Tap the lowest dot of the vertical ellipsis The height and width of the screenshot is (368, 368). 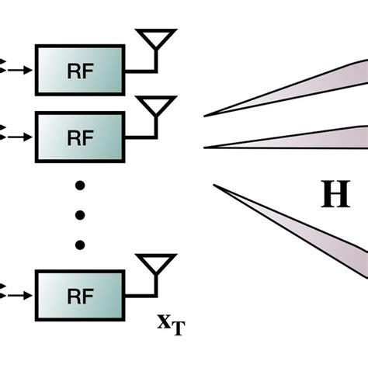click(80, 245)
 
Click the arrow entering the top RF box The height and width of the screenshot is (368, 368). click(21, 70)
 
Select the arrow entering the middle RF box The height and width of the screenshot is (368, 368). click(21, 137)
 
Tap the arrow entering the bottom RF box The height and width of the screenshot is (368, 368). click(21, 293)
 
